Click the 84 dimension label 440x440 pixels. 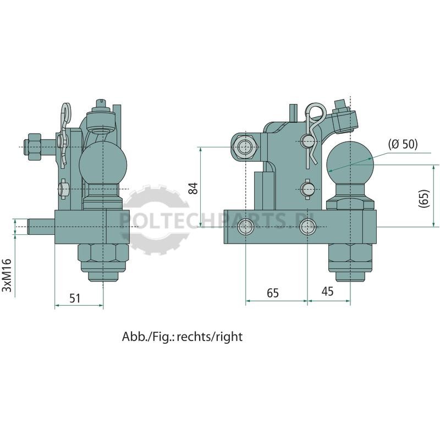click(x=194, y=188)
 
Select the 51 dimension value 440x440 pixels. click(x=75, y=298)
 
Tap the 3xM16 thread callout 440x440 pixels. click(x=7, y=276)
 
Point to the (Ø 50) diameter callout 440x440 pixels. click(x=403, y=145)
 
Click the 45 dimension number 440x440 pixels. click(x=327, y=291)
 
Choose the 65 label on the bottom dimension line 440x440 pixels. click(x=273, y=293)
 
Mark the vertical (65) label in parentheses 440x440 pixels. click(x=424, y=199)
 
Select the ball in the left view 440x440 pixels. click(x=103, y=163)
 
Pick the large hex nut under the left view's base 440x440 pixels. click(x=103, y=256)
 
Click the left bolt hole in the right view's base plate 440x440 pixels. click(x=245, y=227)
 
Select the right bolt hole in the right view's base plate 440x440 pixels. click(x=307, y=227)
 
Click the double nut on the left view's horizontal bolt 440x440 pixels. click(x=33, y=147)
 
